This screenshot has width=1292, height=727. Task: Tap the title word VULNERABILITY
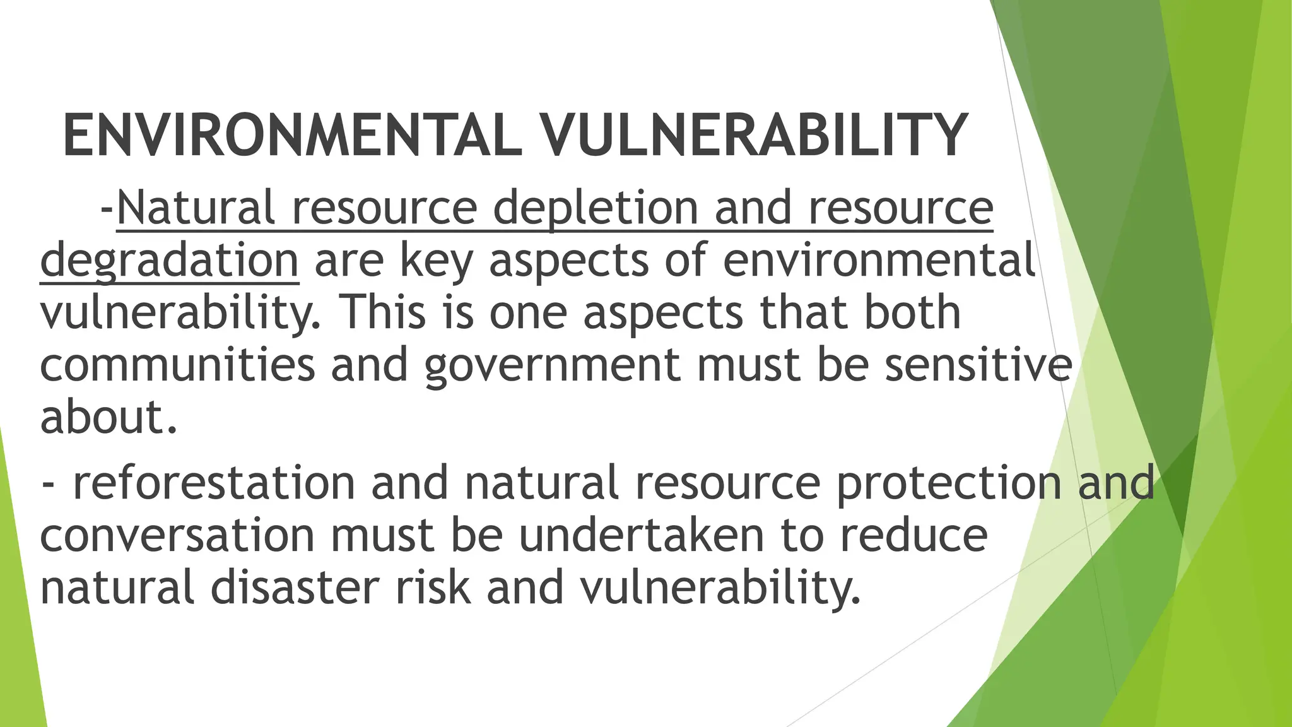point(755,136)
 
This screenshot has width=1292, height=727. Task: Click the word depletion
point(595,208)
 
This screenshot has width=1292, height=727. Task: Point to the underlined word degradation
point(169,261)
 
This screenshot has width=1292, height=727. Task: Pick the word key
point(436,261)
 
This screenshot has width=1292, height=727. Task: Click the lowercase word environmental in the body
point(878,260)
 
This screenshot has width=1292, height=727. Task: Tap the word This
point(383,312)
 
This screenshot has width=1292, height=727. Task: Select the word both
point(912,312)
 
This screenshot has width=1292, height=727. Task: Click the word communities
point(177,365)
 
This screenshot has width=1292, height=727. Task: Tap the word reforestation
point(214,482)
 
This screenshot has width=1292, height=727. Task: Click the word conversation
point(177,535)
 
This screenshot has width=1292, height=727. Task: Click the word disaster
point(295,588)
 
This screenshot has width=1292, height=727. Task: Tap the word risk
point(433,588)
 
